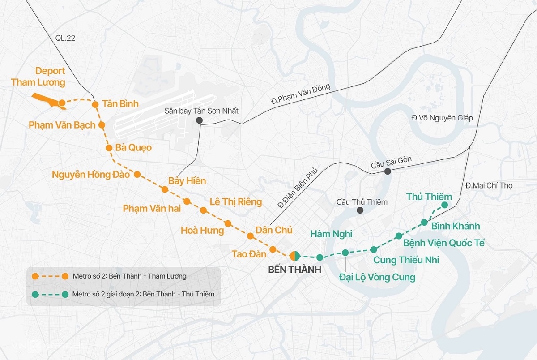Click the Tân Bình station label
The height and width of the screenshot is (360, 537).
coord(120,104)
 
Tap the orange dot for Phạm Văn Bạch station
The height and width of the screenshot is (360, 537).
coord(102,125)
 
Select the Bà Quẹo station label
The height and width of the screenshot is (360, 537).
coord(133,147)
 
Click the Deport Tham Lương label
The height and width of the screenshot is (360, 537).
coord(38,77)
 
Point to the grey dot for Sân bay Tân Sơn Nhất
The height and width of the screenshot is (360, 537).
coord(199,120)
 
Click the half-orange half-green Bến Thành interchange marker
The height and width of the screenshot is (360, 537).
coord(294,256)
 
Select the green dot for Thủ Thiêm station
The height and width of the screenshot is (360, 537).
coord(444,205)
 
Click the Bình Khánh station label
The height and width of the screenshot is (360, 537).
coord(456,226)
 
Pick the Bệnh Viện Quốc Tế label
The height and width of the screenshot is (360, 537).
coord(443,243)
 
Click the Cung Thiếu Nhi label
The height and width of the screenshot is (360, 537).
coord(406,260)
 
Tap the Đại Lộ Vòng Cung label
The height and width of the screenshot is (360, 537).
coord(377,277)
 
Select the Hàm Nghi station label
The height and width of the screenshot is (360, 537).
coord(331,234)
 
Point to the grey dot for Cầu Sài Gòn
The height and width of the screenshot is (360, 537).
coord(388,171)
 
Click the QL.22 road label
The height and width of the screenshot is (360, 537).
coord(65,38)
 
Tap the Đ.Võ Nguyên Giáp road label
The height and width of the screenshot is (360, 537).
coord(442,118)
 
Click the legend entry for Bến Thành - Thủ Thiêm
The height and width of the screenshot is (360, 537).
coord(143,294)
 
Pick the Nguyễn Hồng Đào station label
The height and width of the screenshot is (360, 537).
coord(91,175)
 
